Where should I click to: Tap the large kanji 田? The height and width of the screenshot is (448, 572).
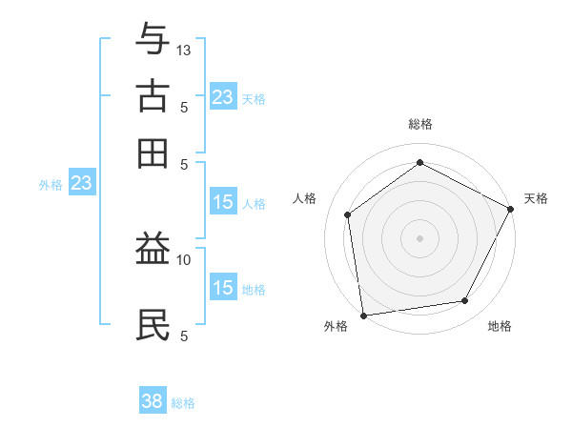tap(153, 153)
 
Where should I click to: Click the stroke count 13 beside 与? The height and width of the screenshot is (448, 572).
tap(184, 50)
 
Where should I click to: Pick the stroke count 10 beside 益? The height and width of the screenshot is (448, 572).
tap(184, 259)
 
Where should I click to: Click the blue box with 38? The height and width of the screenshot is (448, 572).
tap(153, 401)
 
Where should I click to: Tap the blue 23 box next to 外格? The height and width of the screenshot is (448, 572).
tap(81, 183)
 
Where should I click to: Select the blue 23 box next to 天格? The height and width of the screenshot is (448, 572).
tap(222, 97)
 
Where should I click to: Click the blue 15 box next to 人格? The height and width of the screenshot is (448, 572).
tap(222, 202)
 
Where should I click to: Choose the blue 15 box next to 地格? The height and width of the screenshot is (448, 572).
tap(222, 288)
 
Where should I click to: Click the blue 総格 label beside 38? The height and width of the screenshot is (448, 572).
tap(183, 403)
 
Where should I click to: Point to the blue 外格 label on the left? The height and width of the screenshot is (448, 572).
tap(51, 185)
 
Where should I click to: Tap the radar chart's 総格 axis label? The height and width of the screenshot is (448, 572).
tap(419, 124)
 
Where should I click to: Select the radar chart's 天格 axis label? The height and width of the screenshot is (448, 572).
tap(536, 198)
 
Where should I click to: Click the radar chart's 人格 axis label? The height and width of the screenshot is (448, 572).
tap(305, 198)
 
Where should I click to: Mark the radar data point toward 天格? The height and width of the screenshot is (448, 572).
tap(511, 209)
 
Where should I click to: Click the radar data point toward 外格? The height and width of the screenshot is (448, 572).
tap(363, 315)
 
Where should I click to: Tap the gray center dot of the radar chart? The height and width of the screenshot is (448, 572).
tap(419, 237)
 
